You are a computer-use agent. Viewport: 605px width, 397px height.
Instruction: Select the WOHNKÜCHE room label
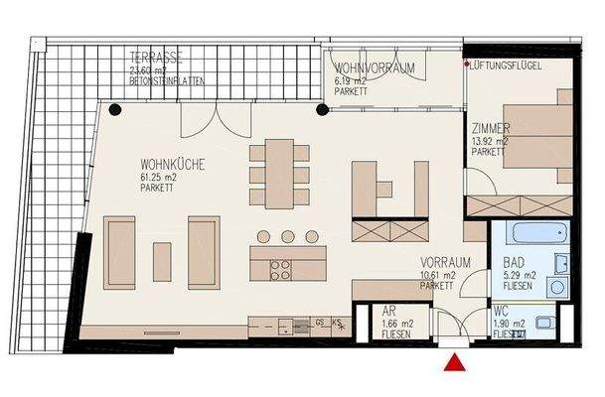(x=173, y=167)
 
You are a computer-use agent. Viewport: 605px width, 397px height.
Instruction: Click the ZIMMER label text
(x=491, y=129)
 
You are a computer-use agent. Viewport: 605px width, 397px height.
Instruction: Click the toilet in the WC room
(x=545, y=322)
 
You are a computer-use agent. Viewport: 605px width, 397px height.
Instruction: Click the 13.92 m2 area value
(x=492, y=141)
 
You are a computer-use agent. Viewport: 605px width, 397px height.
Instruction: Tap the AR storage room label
(x=390, y=312)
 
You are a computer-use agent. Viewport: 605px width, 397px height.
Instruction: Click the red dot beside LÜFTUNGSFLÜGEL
(x=468, y=65)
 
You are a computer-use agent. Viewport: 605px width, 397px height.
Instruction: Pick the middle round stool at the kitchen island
(x=287, y=236)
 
